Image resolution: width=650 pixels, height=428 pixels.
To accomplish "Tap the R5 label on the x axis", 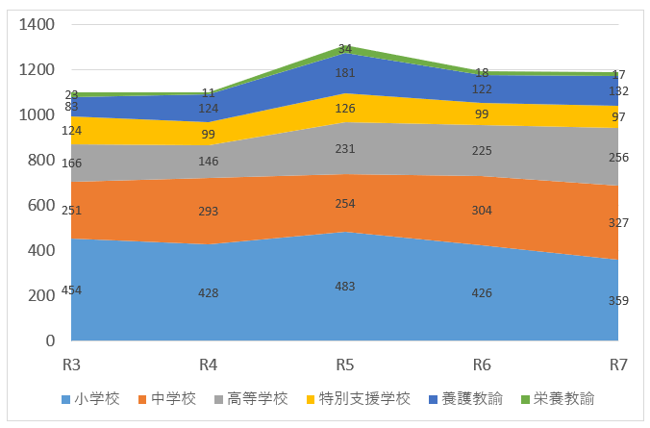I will [x=345, y=365].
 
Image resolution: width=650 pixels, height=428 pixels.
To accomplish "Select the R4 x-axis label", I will [x=209, y=365].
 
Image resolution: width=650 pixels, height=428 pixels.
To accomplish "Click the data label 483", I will [x=345, y=287].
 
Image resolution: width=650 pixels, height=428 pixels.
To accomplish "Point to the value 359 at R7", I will [x=618, y=301].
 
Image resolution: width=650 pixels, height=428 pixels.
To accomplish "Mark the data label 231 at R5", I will [x=345, y=148].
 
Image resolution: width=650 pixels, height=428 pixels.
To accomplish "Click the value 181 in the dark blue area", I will [x=345, y=73].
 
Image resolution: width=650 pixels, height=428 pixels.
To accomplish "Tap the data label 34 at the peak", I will [x=345, y=48].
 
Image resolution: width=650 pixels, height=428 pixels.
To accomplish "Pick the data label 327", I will [x=618, y=223].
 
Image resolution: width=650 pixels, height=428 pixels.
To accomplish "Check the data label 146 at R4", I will [x=209, y=163].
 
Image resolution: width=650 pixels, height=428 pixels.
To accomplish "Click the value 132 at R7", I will [x=618, y=91].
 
